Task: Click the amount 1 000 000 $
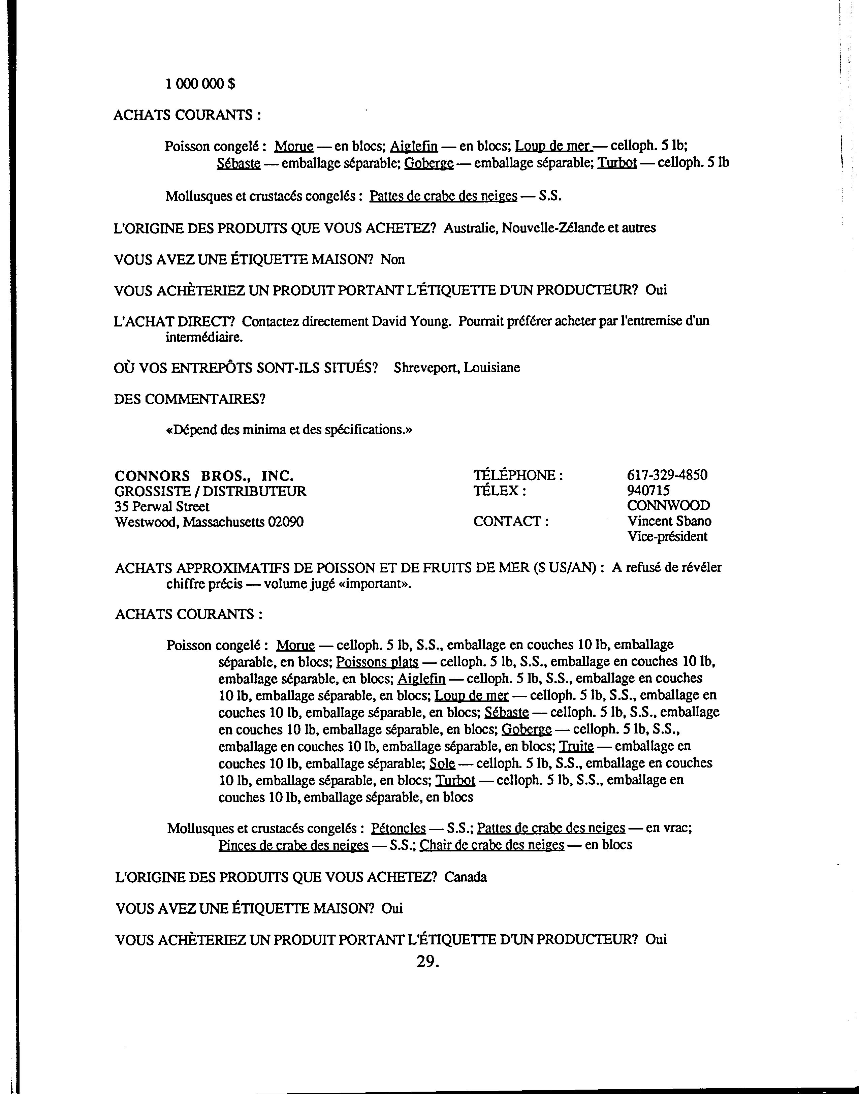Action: point(200,84)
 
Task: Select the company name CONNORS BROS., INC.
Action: point(204,476)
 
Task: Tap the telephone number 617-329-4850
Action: point(667,475)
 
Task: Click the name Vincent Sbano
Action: point(669,521)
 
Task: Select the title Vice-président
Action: point(667,537)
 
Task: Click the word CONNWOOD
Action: point(668,505)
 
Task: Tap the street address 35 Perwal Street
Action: point(162,506)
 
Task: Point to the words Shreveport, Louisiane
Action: point(456,368)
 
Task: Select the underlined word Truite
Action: point(576,746)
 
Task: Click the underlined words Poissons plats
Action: point(377,661)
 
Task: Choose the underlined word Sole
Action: point(442,763)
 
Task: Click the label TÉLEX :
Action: point(500,491)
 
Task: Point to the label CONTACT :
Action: point(510,521)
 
